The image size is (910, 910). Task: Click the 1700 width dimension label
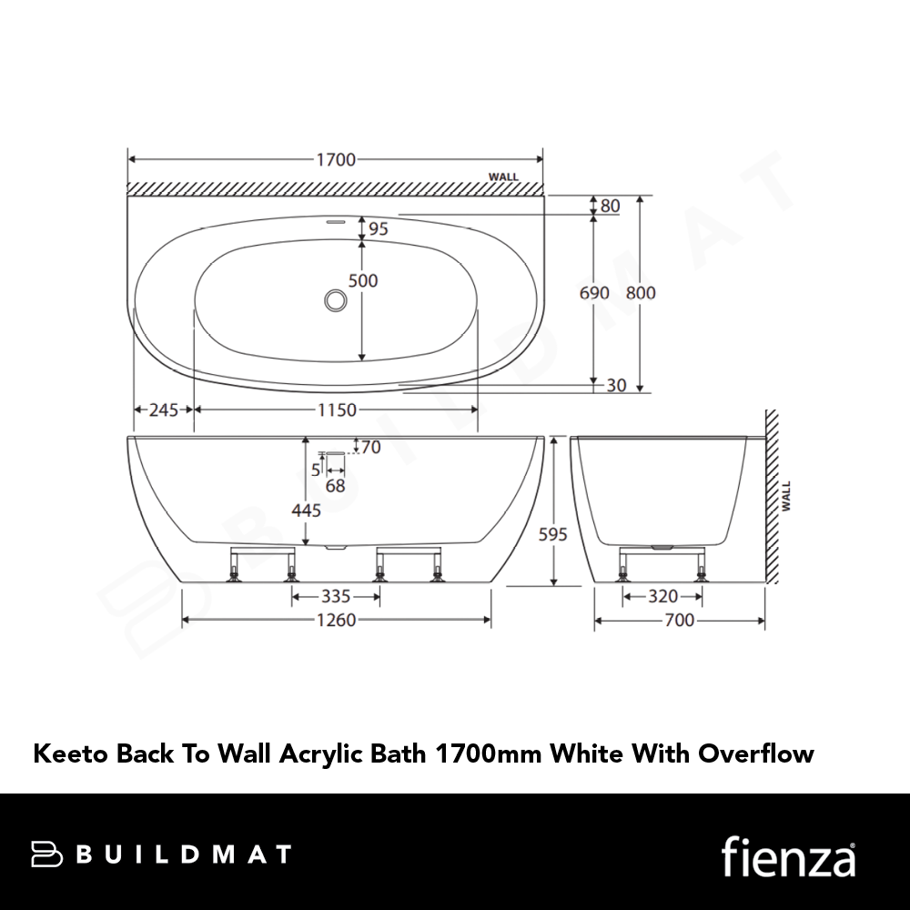point(336,159)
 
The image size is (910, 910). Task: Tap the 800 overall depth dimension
point(641,292)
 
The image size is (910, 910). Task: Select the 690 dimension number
point(594,292)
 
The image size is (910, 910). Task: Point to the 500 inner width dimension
point(363,281)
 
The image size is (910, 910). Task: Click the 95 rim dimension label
point(378,228)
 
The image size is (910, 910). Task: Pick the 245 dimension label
point(164,410)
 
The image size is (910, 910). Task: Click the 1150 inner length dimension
point(338,410)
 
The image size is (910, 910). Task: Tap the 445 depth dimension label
point(306,511)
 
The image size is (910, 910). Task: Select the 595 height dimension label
point(552,534)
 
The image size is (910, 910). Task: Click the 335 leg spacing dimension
point(336,597)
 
